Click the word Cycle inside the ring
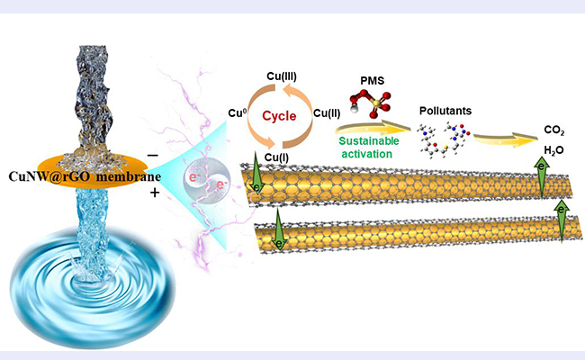coord(282,116)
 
